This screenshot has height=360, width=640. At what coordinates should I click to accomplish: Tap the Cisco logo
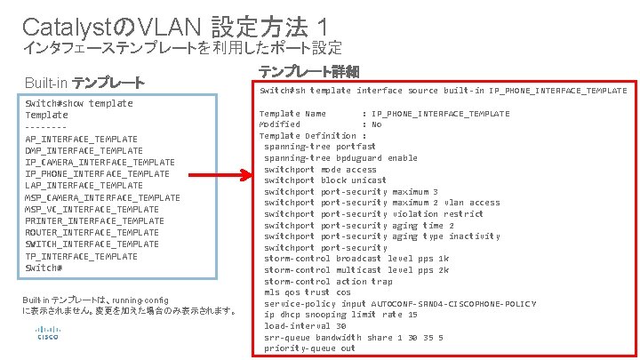click(46, 334)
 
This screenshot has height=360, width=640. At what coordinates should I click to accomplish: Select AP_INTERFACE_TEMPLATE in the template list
click(81, 139)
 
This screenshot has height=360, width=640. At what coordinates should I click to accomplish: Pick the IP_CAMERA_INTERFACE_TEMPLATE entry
click(100, 162)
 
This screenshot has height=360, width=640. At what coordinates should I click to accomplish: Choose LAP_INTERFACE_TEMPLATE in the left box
click(84, 186)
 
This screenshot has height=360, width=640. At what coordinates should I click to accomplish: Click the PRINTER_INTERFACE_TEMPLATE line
click(94, 220)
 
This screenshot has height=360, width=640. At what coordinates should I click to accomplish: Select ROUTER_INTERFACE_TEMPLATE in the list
click(92, 232)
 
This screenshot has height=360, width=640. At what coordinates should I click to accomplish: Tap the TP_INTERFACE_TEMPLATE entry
click(81, 256)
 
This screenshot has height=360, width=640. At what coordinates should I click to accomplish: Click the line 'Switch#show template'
click(79, 103)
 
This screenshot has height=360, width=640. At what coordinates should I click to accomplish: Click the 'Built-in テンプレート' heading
click(84, 84)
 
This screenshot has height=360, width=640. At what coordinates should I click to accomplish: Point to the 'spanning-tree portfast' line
click(319, 147)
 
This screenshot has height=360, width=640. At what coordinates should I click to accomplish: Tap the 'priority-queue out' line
click(308, 348)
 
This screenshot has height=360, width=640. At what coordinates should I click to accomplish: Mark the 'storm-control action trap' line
click(328, 281)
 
